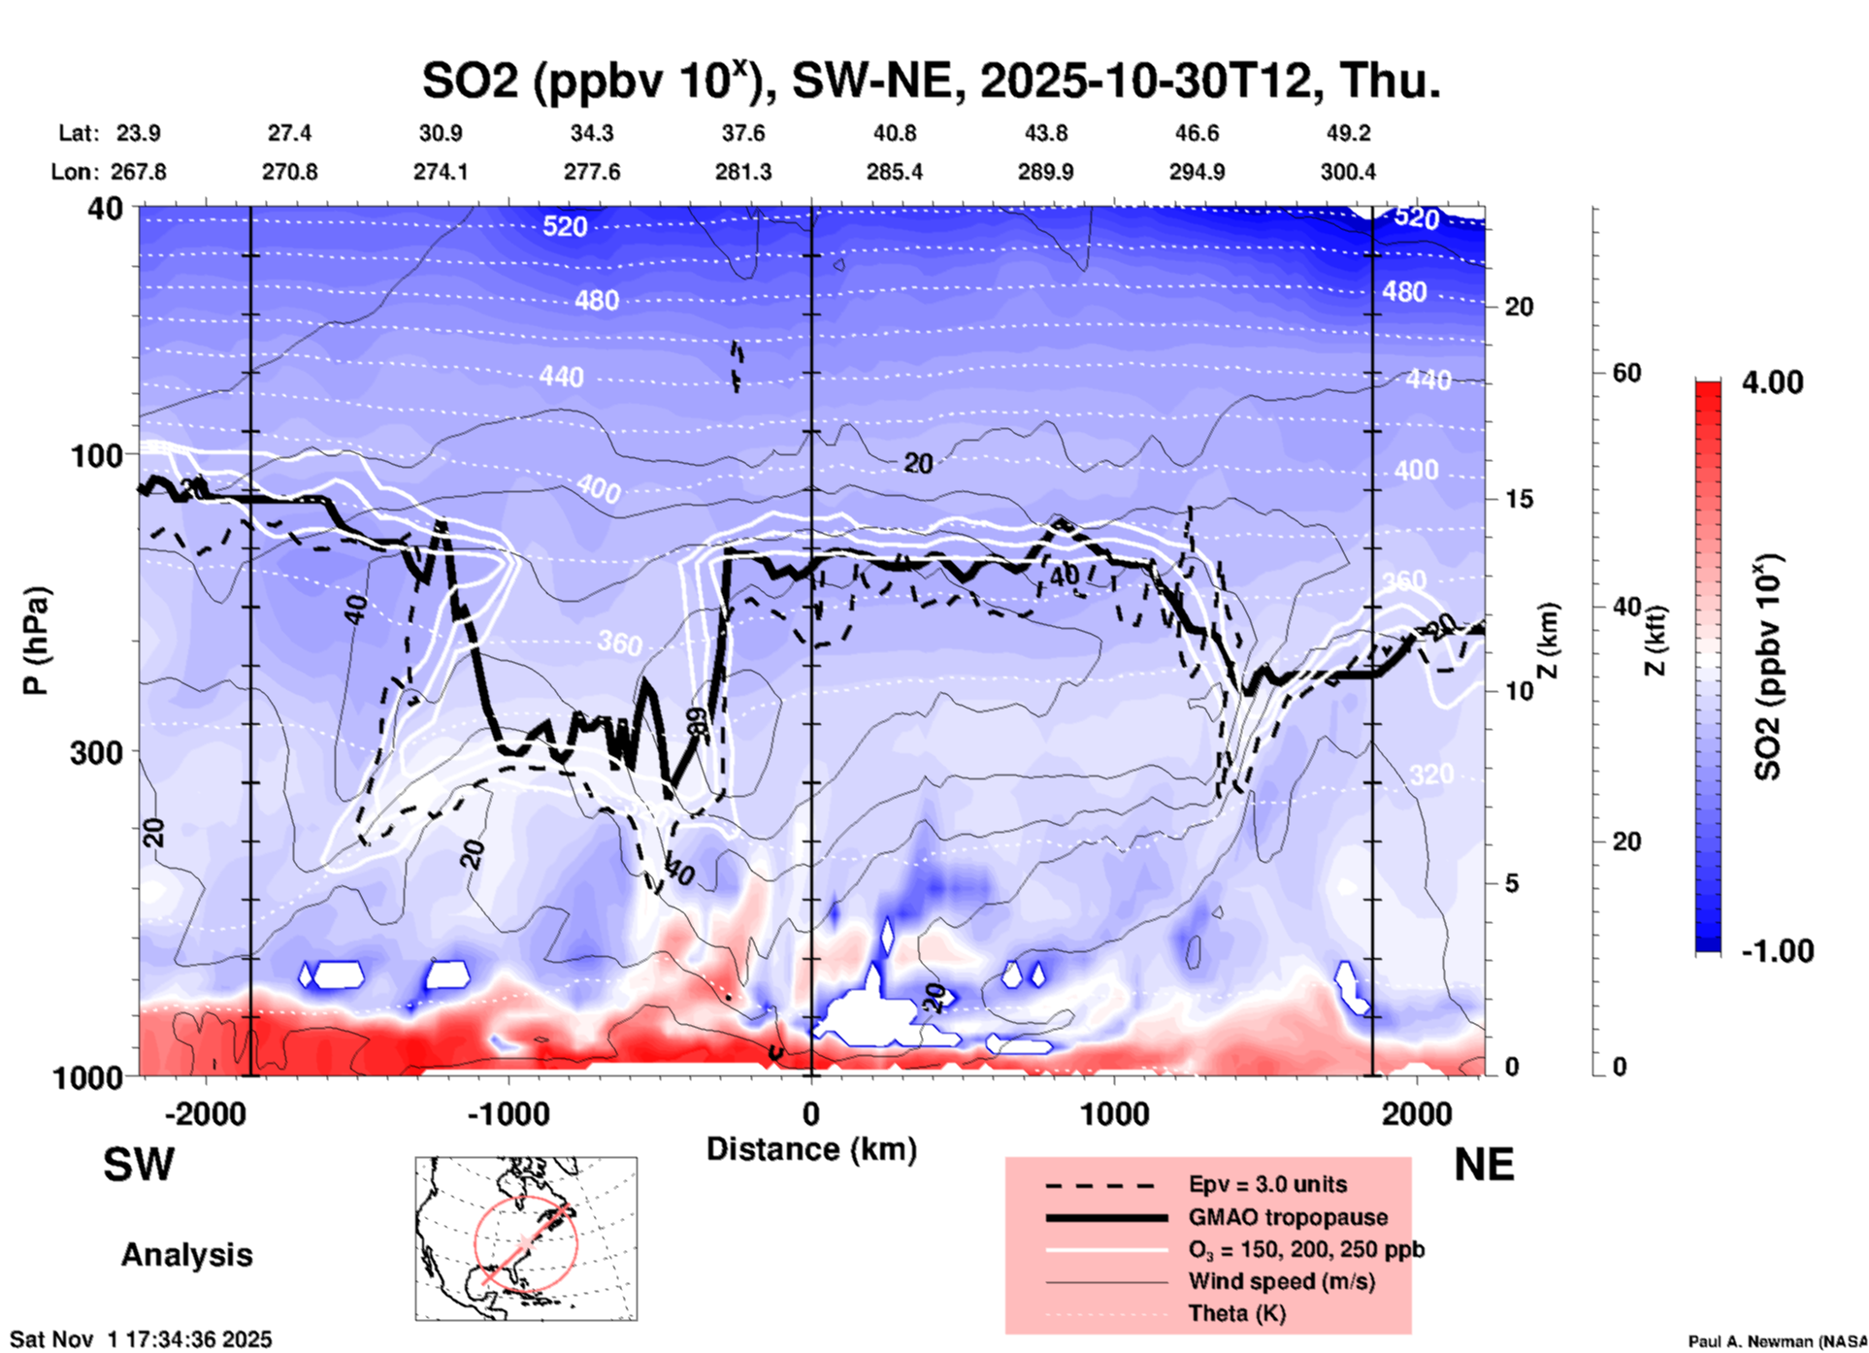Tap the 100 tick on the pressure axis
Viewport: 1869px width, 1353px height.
97,455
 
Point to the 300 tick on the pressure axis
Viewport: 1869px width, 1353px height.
97,752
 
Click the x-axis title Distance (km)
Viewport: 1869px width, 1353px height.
811,1149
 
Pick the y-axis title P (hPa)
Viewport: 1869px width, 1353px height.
36,641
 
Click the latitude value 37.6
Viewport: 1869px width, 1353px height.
743,133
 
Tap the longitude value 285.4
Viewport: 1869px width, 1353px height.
895,172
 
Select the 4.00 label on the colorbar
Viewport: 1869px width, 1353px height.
1772,382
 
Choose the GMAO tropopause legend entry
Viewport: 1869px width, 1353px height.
1288,1217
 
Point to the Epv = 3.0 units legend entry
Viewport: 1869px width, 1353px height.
1267,1184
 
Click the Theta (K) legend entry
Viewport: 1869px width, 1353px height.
1236,1313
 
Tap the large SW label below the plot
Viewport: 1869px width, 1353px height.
139,1165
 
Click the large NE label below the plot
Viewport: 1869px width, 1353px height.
1484,1165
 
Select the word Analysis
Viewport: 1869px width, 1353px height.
186,1255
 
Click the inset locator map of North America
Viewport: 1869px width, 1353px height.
526,1238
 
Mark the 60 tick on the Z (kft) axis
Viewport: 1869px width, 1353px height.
1626,373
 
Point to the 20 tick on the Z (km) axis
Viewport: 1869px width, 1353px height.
1519,307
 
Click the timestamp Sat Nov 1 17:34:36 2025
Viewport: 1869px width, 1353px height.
142,1339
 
